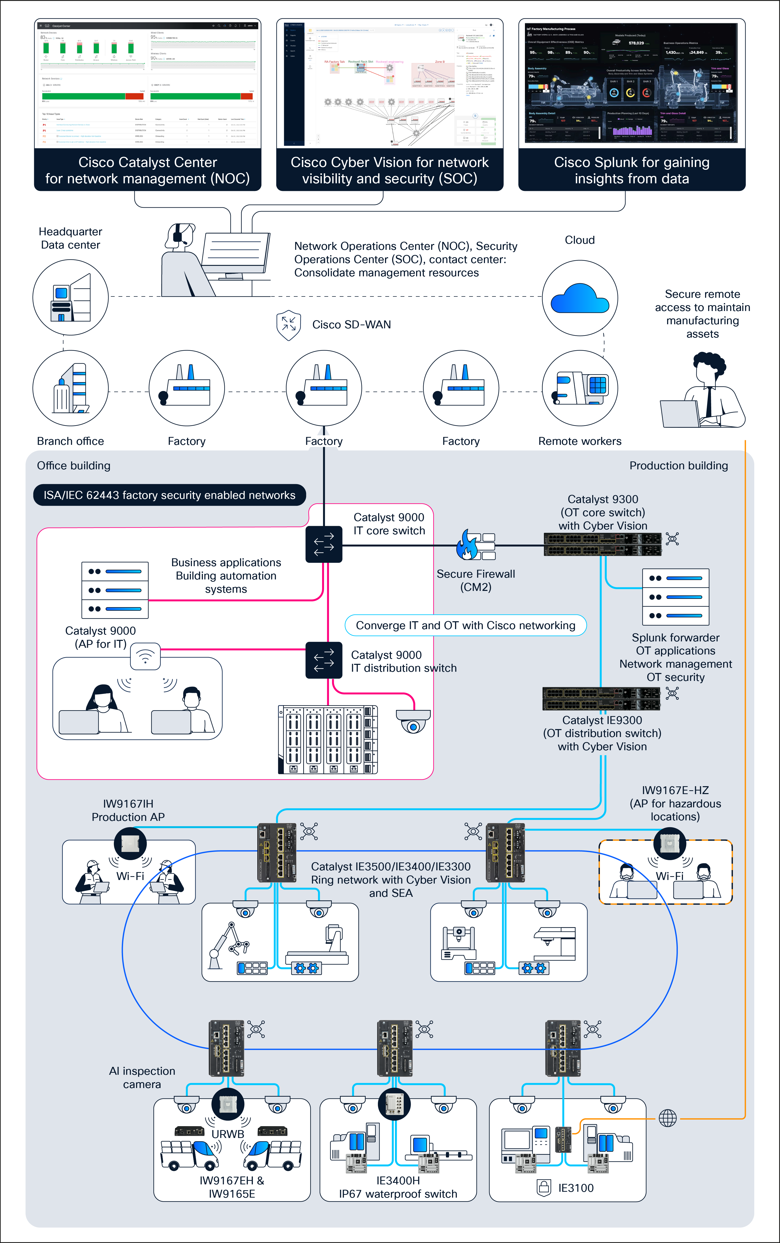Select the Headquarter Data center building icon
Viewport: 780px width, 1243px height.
point(71,298)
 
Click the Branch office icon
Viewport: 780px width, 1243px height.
point(71,388)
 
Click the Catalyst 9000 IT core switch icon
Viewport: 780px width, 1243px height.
point(324,544)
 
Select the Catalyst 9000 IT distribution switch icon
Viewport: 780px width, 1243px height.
point(324,660)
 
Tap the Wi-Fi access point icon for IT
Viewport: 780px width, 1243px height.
point(146,657)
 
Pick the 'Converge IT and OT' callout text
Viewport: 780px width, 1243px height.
point(465,625)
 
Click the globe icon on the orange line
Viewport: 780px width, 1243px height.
point(668,1118)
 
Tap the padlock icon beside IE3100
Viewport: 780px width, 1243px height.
point(544,1188)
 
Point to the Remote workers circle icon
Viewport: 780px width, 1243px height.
point(580,388)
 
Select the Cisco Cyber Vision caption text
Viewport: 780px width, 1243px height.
point(389,170)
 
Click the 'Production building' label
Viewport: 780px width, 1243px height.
point(678,465)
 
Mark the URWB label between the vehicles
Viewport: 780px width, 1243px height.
point(228,1134)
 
